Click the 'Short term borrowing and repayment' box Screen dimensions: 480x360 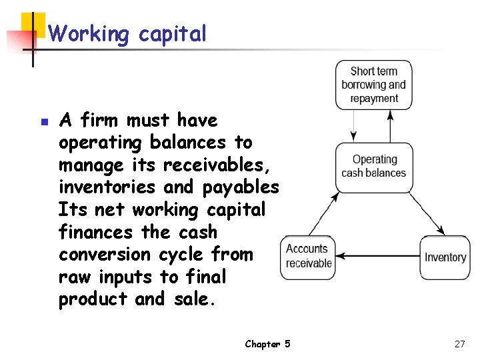point(373,85)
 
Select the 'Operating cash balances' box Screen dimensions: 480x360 point(373,167)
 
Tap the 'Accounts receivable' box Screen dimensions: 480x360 point(307,257)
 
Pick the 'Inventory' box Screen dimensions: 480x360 point(445,257)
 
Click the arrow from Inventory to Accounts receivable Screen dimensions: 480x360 point(377,257)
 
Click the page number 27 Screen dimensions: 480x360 point(459,344)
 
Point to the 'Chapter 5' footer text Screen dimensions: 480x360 point(267,344)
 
